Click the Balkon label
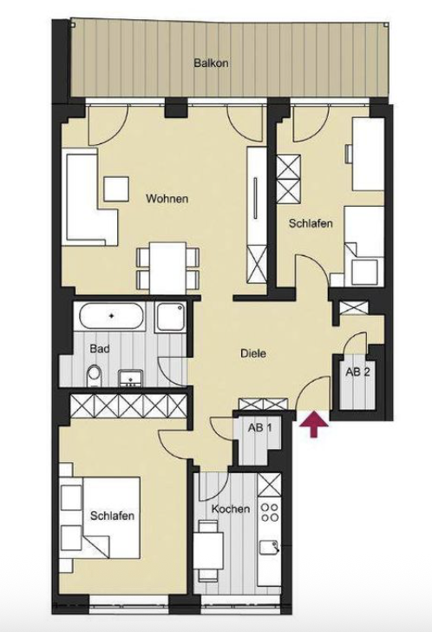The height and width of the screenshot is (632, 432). click(211, 63)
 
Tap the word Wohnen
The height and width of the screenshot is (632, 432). click(167, 199)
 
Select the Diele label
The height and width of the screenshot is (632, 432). click(253, 353)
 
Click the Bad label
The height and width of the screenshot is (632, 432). click(100, 349)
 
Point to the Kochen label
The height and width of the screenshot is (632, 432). click(230, 509)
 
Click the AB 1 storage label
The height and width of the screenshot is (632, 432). click(259, 428)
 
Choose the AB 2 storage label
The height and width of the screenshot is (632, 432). click(357, 372)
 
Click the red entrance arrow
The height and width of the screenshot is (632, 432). click(314, 423)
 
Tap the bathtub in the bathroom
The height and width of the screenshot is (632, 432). click(112, 316)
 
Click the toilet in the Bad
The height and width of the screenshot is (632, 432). click(95, 374)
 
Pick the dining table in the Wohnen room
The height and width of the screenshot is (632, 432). click(168, 267)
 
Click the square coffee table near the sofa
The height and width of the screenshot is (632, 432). click(116, 188)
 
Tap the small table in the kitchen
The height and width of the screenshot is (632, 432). click(209, 550)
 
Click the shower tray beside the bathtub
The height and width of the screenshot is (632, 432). click(172, 317)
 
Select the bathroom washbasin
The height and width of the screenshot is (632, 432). click(130, 379)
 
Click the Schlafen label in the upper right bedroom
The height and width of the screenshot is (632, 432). click(311, 223)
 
